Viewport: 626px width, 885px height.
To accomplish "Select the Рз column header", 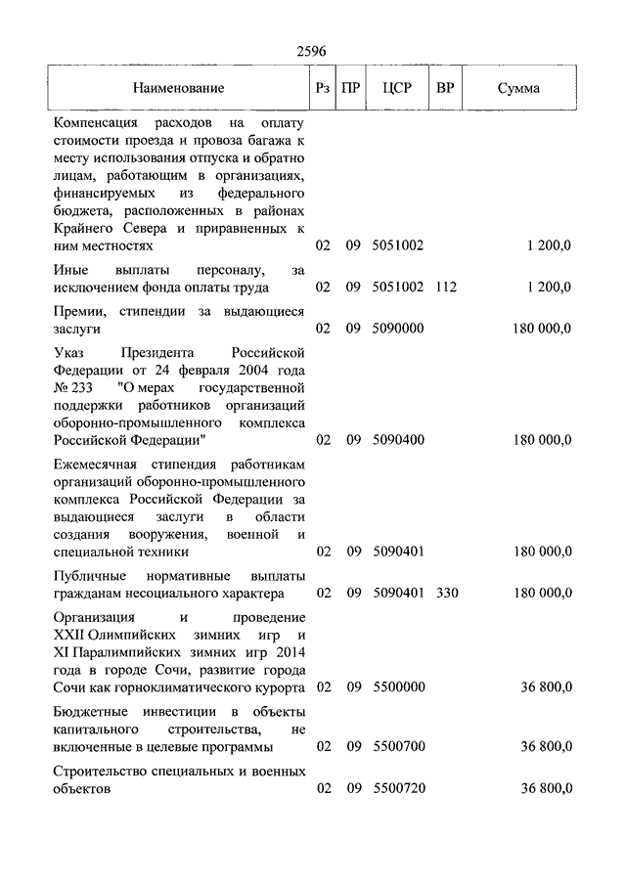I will pyautogui.click(x=323, y=88).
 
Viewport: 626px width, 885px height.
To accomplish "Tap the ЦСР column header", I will pyautogui.click(x=398, y=88).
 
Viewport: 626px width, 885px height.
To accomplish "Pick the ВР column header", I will pyautogui.click(x=445, y=88).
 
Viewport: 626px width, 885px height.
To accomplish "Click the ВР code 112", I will pyautogui.click(x=447, y=288).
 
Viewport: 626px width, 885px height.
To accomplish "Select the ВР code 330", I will pyautogui.click(x=447, y=593).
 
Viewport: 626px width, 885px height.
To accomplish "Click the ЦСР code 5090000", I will pyautogui.click(x=398, y=331).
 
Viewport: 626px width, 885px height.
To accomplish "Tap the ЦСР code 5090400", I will pyautogui.click(x=398, y=440).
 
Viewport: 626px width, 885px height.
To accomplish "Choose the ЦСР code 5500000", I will pyautogui.click(x=398, y=686).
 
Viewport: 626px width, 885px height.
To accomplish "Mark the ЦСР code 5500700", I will pyautogui.click(x=398, y=747).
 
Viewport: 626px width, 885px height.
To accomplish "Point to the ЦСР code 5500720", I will pyautogui.click(x=398, y=788).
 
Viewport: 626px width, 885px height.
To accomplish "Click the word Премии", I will pyautogui.click(x=80, y=311).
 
